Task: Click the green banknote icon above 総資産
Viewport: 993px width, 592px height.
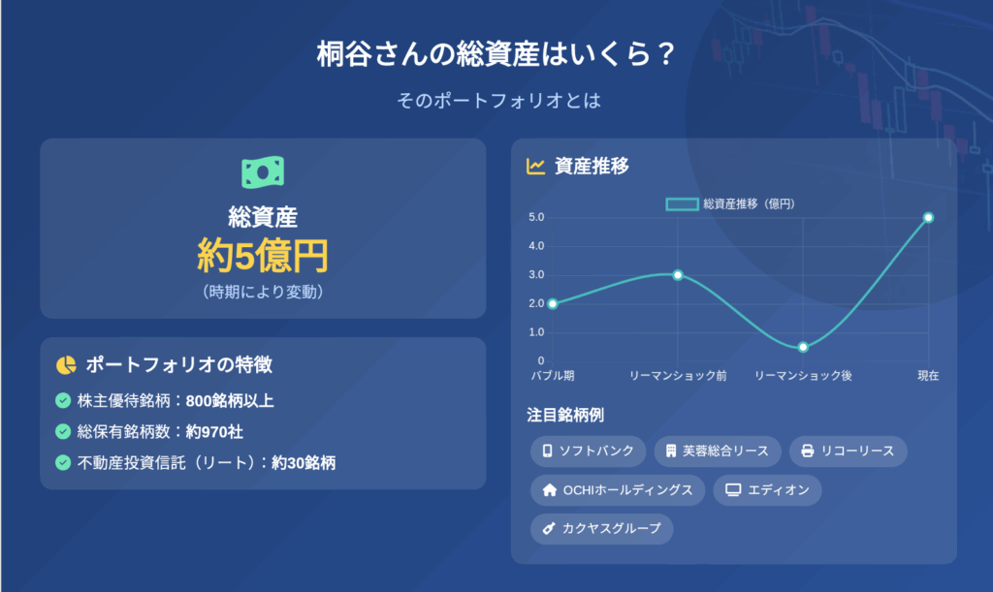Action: (263, 172)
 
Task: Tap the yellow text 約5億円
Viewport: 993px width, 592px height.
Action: (263, 256)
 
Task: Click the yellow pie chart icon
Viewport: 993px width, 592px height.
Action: (66, 365)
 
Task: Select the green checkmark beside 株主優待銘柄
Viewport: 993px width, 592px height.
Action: (63, 400)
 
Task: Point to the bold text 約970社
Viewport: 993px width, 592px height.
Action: (214, 432)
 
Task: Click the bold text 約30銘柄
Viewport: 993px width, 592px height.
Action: (304, 463)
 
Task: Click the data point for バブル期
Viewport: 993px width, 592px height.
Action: (553, 303)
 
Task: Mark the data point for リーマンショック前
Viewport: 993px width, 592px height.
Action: (678, 275)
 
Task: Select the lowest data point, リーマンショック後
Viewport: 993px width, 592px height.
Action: (803, 347)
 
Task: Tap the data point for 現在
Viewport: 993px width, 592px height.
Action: (928, 218)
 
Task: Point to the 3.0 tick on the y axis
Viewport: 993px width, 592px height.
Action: (536, 274)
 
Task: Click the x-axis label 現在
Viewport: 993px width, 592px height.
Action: (928, 376)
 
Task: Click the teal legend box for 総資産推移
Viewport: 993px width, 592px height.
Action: (682, 203)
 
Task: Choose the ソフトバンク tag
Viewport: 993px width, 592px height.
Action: (588, 451)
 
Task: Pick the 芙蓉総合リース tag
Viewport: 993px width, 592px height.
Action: (718, 451)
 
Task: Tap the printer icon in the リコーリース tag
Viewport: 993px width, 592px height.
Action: (808, 451)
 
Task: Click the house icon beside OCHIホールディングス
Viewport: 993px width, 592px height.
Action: (550, 490)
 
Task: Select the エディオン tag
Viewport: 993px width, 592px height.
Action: (767, 490)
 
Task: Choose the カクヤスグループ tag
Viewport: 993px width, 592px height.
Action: (601, 529)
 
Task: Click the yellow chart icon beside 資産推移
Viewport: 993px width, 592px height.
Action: (535, 167)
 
